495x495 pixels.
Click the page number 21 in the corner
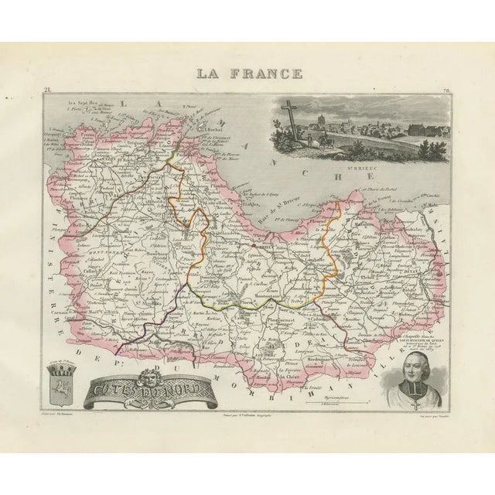tap(49, 92)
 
